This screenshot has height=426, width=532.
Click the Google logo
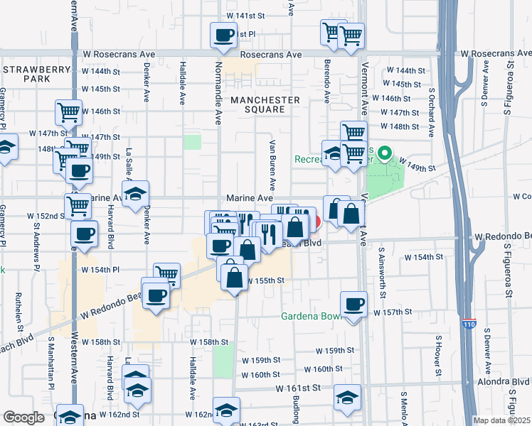point(23,417)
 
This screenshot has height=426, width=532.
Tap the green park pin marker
point(385,153)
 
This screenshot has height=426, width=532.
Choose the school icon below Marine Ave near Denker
point(135,194)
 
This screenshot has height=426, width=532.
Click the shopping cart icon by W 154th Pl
point(166,274)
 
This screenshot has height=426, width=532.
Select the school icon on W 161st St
point(347,398)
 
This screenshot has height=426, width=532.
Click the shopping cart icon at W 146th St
point(68,112)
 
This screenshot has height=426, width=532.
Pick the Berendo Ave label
point(328,84)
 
